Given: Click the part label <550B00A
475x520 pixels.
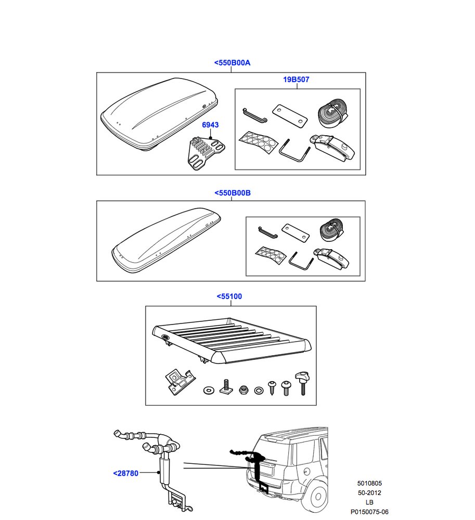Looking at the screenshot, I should (x=232, y=63).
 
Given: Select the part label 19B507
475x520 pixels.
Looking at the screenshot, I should (x=296, y=80).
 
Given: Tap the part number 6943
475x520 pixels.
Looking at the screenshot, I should (x=210, y=125).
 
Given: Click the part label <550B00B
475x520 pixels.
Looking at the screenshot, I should (x=233, y=193).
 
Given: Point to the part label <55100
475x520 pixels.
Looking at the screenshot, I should (x=229, y=296).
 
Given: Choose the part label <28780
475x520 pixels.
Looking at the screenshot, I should (x=125, y=473).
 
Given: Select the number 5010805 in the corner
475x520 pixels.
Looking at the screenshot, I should (x=369, y=483).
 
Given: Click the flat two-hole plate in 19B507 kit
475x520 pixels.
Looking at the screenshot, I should (x=288, y=114).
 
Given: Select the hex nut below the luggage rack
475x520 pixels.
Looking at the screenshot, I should (x=242, y=389).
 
